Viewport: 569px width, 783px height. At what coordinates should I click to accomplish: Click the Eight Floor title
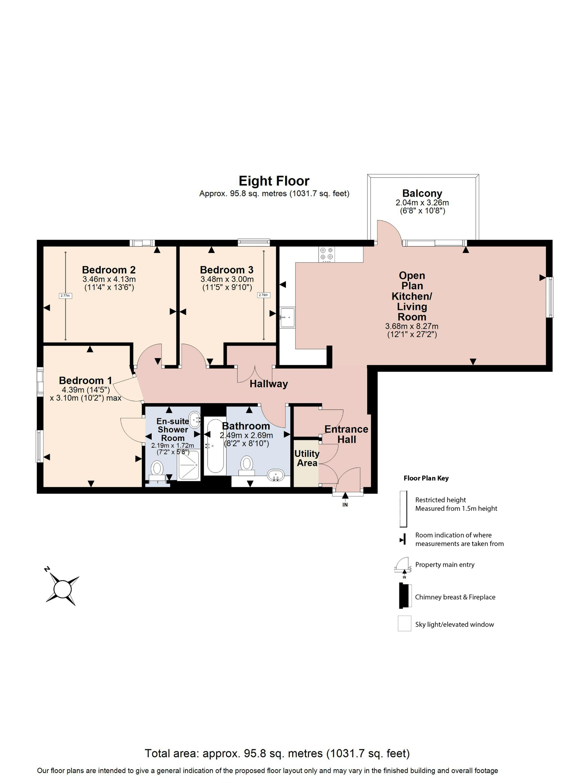(274, 181)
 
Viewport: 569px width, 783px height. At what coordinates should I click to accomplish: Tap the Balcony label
(422, 193)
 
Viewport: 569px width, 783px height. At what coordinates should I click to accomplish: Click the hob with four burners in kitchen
(327, 254)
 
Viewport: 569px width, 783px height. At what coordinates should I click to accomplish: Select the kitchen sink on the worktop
(287, 317)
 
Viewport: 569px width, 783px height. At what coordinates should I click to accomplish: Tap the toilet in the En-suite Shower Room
(157, 469)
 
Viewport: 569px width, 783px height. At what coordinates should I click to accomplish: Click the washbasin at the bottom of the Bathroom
(276, 476)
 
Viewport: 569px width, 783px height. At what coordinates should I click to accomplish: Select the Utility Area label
(307, 458)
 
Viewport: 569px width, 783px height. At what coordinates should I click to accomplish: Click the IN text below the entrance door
(345, 505)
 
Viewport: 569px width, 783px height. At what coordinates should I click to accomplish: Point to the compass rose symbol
(62, 589)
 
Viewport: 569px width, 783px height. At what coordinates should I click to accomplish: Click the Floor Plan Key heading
(426, 478)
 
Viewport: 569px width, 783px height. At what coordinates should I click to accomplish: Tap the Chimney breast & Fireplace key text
(455, 597)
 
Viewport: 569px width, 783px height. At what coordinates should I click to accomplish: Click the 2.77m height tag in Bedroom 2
(66, 296)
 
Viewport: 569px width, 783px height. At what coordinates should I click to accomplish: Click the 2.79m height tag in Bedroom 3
(264, 295)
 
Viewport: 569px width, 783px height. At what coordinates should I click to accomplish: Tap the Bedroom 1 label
(86, 380)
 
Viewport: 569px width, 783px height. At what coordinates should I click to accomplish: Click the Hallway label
(269, 384)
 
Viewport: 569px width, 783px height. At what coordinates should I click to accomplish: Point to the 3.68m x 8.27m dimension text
(412, 327)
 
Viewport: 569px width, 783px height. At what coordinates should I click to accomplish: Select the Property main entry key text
(445, 565)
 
